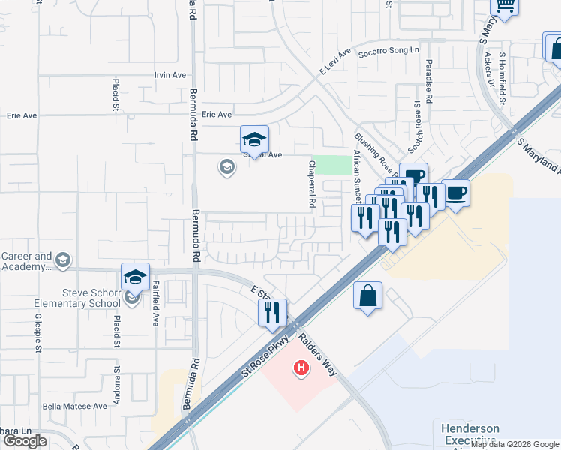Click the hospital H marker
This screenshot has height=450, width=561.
(x=301, y=368)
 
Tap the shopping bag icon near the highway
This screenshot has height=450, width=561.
(x=368, y=295)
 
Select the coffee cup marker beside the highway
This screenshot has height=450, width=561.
(x=456, y=193)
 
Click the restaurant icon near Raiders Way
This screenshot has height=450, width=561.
(x=273, y=312)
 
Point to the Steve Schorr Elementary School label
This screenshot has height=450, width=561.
(x=76, y=298)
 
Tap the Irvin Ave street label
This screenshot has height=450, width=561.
(x=169, y=75)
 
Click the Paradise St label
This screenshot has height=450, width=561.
(x=429, y=82)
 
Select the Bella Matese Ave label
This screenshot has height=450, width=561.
(x=75, y=406)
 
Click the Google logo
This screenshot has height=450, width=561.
(x=26, y=441)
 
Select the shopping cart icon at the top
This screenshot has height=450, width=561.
(x=505, y=6)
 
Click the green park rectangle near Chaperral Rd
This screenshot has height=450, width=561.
(x=331, y=165)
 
